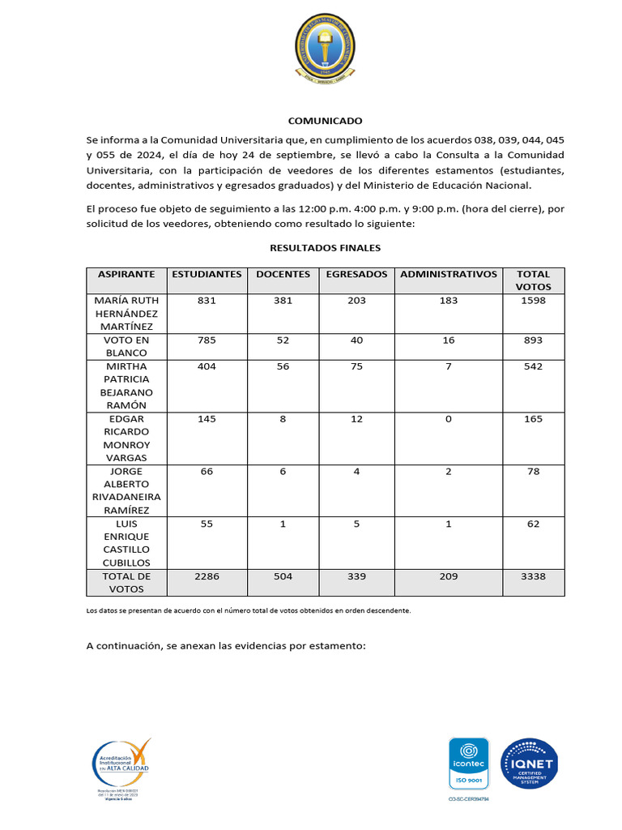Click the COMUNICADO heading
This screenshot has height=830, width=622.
pos(325,121)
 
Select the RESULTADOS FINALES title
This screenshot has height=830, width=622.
pos(325,248)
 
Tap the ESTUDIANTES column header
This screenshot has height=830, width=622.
pos(207,274)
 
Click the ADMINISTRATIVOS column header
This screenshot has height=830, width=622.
pos(449,274)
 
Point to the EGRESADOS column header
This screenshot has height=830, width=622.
pos(356,274)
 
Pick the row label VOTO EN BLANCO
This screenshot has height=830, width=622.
pos(126,346)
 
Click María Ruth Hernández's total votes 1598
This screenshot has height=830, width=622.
pos(533,300)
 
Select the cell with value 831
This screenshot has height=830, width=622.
pos(207,300)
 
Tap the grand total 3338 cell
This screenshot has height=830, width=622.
pos(533,576)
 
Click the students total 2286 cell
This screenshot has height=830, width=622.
pos(207,576)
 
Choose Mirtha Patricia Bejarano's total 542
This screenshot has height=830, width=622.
pos(533,366)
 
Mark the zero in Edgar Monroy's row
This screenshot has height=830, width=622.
pos(449,419)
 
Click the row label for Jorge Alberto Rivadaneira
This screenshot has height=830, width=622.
pos(126,490)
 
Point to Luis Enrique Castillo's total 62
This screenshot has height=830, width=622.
pos(533,524)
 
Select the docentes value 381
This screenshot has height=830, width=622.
pos(283,300)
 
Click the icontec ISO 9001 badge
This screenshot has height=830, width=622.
pos(469,764)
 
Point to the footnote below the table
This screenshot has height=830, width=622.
pos(249,610)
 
